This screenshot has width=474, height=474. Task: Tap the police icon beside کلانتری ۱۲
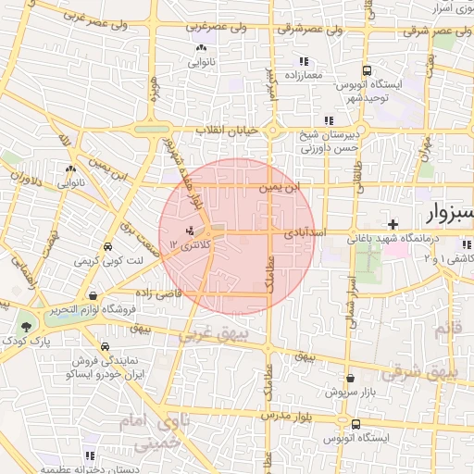pyautogui.click(x=191, y=230)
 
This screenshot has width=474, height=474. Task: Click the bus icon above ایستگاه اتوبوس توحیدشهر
pyautogui.click(x=368, y=69)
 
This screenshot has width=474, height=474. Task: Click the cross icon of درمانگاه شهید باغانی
pyautogui.click(x=393, y=224)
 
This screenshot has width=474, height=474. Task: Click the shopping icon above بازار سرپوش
pyautogui.click(x=350, y=378)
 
